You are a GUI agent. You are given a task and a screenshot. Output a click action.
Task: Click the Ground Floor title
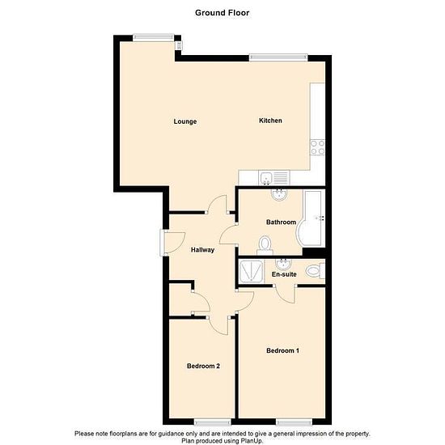[222, 13]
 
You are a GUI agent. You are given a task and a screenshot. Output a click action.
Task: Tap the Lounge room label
[185, 121]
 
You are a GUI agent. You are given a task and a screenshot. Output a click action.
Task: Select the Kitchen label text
[270, 121]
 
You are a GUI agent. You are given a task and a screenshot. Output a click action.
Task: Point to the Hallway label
[202, 250]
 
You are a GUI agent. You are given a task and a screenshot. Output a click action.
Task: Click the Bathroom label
[281, 222]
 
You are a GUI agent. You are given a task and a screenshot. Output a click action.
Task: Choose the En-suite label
[284, 274]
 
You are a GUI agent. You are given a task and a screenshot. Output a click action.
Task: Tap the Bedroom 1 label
[282, 350]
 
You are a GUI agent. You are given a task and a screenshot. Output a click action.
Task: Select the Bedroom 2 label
[203, 366]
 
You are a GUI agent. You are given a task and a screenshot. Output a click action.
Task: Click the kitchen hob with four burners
[318, 147]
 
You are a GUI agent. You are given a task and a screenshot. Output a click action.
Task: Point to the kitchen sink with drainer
[274, 178]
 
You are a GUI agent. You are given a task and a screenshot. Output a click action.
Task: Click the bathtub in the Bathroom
[310, 218]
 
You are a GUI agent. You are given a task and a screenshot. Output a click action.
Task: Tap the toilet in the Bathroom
[265, 246]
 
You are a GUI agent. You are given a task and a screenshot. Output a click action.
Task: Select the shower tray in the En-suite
[251, 272]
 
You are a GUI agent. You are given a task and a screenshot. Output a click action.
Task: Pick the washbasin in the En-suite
[284, 265]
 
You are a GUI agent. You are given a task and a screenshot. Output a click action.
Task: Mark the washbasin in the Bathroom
[280, 195]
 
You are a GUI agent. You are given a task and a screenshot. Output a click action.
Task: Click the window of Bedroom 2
[213, 422]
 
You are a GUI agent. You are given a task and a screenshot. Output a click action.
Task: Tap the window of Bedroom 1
[295, 422]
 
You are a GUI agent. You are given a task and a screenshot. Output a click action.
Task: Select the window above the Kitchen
[278, 57]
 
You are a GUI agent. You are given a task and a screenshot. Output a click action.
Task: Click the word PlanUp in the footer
[250, 441]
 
